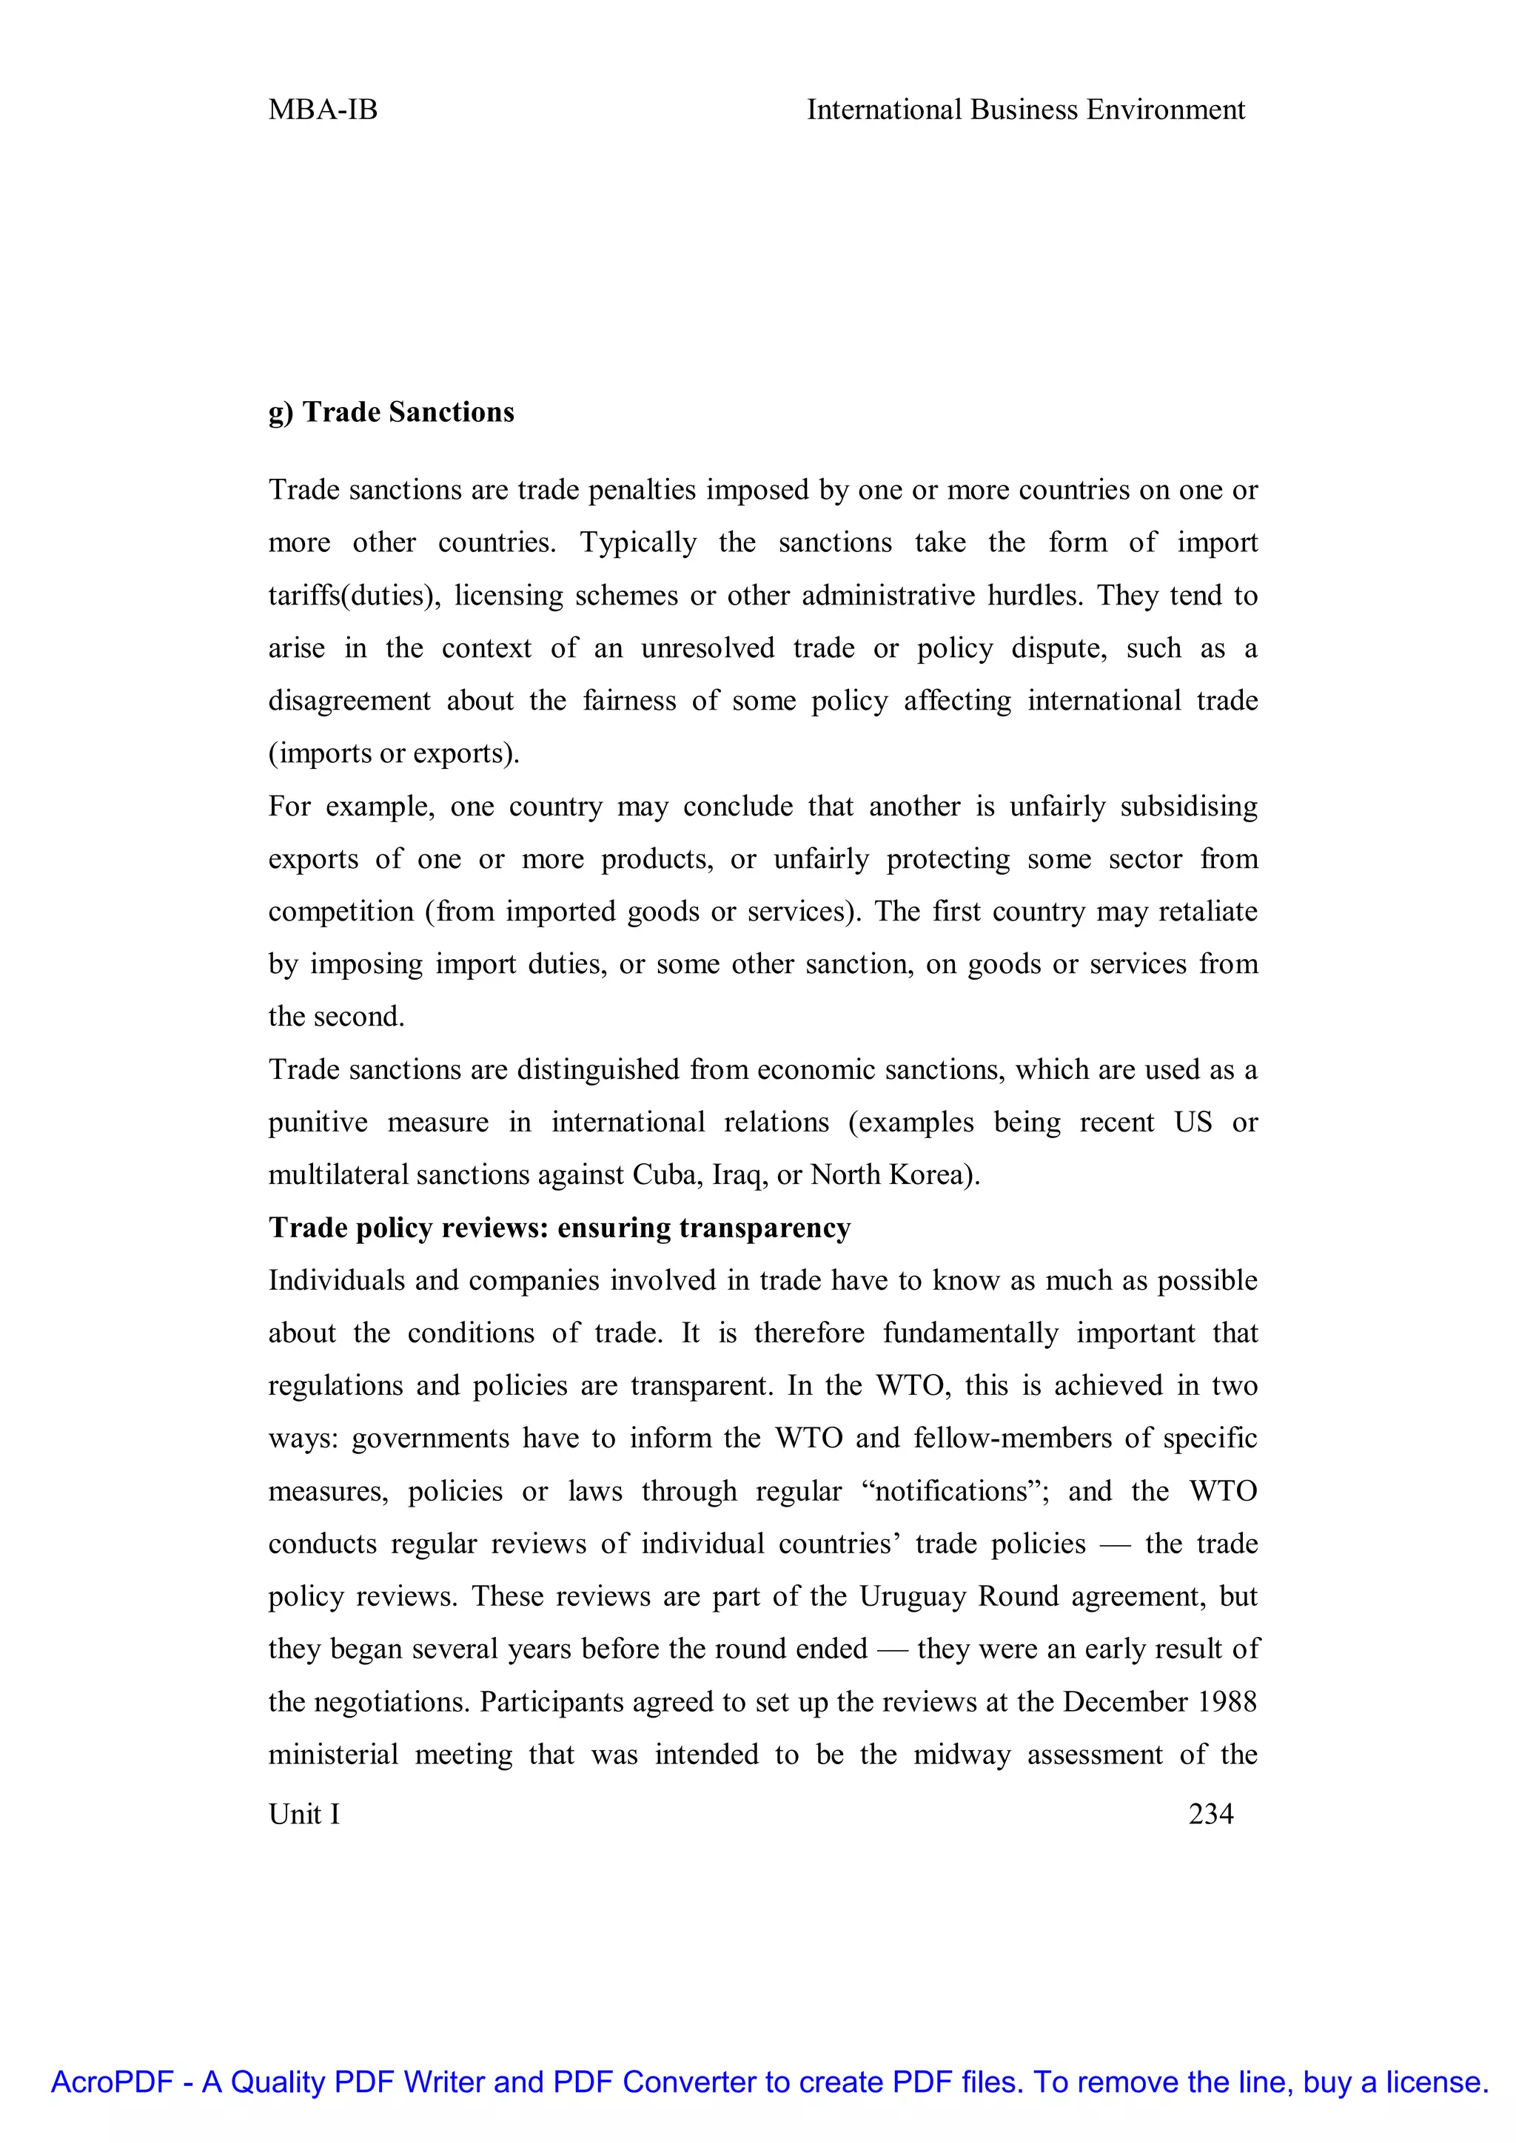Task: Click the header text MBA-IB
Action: click(x=323, y=110)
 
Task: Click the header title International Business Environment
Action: click(x=1025, y=110)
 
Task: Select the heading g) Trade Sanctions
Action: click(x=391, y=413)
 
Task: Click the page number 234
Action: click(x=1211, y=1814)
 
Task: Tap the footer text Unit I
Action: click(x=304, y=1814)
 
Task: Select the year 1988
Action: click(x=1227, y=1701)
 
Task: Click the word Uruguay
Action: click(x=912, y=1596)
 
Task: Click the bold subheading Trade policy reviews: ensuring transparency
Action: click(x=559, y=1228)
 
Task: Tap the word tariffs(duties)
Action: click(x=355, y=596)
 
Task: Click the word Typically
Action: click(x=639, y=543)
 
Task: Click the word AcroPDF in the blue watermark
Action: click(x=112, y=2082)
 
